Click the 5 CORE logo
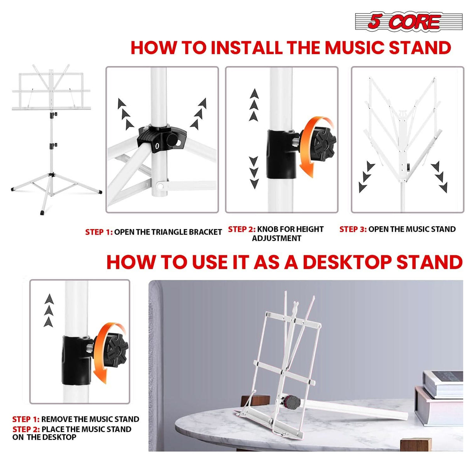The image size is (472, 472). point(408,21)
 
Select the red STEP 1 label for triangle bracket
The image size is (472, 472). point(99,232)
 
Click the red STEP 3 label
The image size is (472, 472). point(353,229)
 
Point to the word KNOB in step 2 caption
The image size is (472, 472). point(268,229)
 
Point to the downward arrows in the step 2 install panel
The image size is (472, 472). point(254,172)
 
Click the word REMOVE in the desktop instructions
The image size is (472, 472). point(57,419)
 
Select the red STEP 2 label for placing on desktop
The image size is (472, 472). point(26,429)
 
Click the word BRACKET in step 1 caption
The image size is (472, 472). point(205,232)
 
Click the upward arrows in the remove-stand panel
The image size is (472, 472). point(49,310)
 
